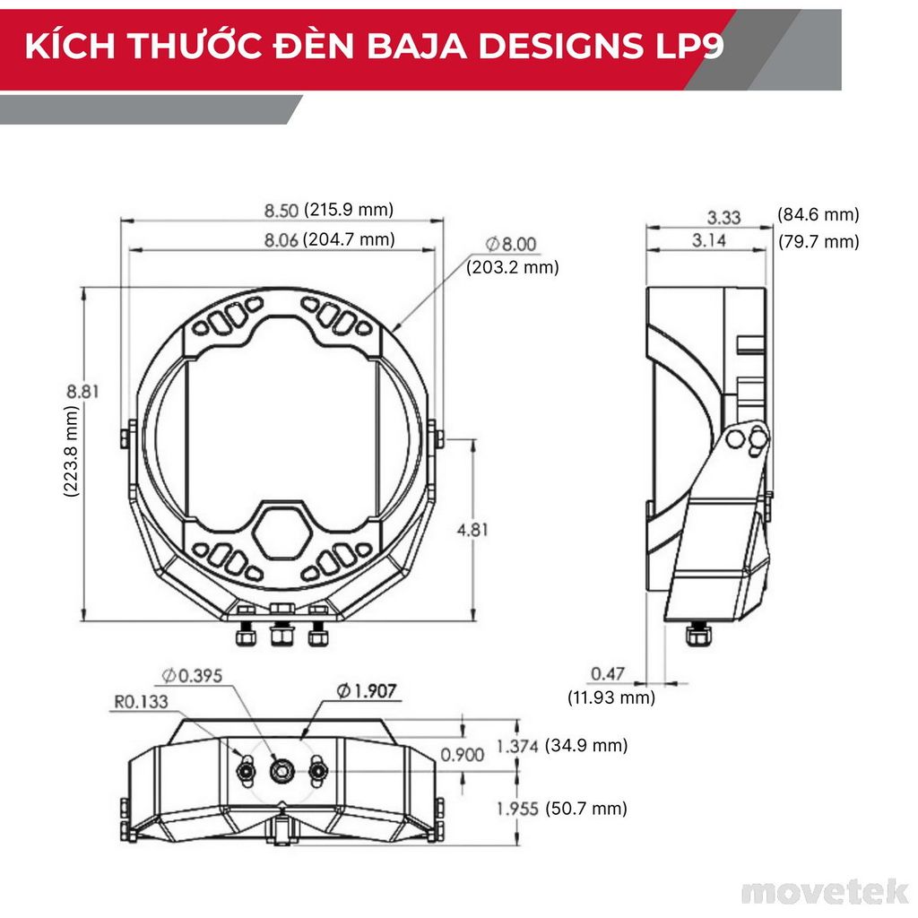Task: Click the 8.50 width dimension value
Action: click(281, 211)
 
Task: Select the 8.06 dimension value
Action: click(281, 239)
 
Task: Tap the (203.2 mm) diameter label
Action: click(512, 267)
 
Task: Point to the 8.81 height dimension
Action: click(82, 391)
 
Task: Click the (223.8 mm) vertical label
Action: click(72, 451)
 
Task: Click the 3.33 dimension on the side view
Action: click(723, 216)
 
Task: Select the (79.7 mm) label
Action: click(818, 241)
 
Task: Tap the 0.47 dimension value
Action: click(607, 673)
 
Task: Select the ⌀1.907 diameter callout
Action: click(367, 690)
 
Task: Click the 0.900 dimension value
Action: click(462, 755)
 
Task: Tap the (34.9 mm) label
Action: click(586, 745)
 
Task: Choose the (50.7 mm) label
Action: click(586, 808)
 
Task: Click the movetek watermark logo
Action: click(825, 891)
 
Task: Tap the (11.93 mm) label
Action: click(611, 697)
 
